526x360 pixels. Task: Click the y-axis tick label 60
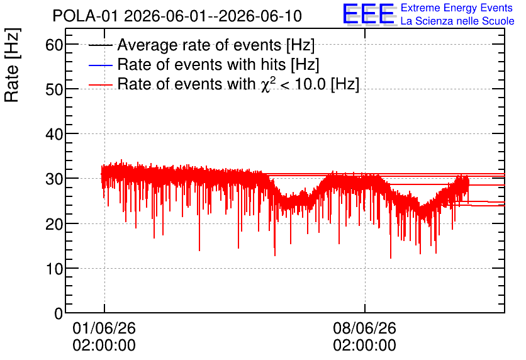pyautogui.click(x=54, y=45)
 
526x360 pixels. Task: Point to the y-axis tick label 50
pyautogui.click(x=54, y=89)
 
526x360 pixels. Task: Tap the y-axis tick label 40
pyautogui.click(x=54, y=134)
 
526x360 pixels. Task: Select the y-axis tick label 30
pyautogui.click(x=54, y=179)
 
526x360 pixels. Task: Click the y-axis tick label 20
pyautogui.click(x=54, y=224)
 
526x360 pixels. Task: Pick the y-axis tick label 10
pyautogui.click(x=54, y=269)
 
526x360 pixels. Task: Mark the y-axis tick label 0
pyautogui.click(x=59, y=313)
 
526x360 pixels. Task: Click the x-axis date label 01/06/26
pyautogui.click(x=104, y=328)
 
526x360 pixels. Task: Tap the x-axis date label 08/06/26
pyautogui.click(x=365, y=328)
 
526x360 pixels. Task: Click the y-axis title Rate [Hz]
pyautogui.click(x=12, y=65)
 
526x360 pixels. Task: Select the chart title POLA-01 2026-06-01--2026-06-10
pyautogui.click(x=177, y=16)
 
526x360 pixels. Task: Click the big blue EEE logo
pyautogui.click(x=369, y=14)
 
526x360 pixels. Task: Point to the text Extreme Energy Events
pyautogui.click(x=457, y=8)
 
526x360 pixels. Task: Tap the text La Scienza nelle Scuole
pyautogui.click(x=457, y=21)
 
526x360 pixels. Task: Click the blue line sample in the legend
pyautogui.click(x=101, y=65)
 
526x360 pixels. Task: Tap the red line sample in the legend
pyautogui.click(x=101, y=84)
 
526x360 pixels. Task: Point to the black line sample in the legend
pyautogui.click(x=101, y=45)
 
